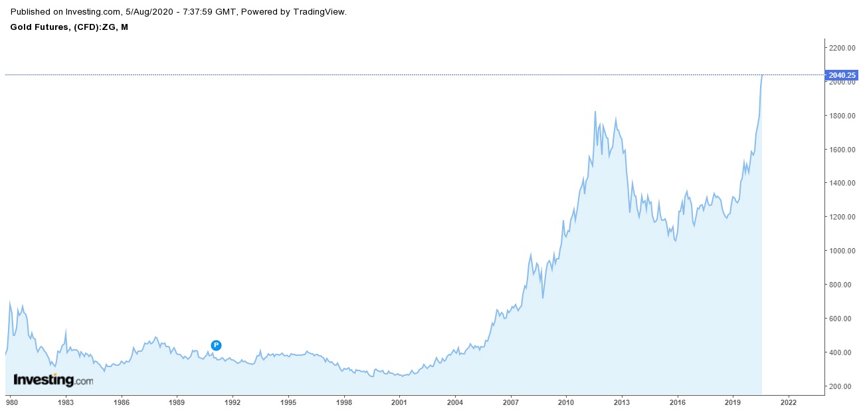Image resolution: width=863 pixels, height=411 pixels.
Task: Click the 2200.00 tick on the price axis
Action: (x=840, y=48)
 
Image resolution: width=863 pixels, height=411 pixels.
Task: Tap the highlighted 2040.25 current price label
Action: (x=840, y=75)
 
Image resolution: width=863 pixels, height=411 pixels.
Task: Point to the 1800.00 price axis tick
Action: (x=840, y=116)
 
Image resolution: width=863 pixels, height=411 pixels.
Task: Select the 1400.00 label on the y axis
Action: (x=840, y=183)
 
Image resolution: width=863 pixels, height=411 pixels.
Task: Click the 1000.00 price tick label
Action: (x=840, y=251)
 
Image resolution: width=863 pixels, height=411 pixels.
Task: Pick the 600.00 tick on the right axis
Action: (x=840, y=319)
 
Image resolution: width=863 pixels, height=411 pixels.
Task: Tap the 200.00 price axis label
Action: (x=840, y=386)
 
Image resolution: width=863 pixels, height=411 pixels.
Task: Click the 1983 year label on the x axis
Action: (x=65, y=402)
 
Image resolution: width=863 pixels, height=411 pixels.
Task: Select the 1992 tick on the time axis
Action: (x=232, y=402)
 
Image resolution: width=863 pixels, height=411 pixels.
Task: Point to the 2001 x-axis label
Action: (x=399, y=402)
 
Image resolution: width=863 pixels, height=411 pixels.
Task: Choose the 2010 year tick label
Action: (x=565, y=402)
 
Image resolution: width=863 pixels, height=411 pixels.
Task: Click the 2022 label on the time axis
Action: (x=788, y=402)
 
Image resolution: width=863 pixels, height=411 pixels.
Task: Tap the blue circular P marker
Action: (x=216, y=345)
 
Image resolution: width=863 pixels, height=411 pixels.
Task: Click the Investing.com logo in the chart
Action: (x=53, y=380)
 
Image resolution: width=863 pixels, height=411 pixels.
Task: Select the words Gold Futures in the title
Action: (x=37, y=27)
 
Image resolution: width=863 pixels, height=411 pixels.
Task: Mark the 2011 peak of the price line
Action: (x=595, y=112)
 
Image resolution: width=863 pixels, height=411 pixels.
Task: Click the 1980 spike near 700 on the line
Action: (x=9, y=302)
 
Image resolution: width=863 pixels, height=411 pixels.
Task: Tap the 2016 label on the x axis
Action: (x=677, y=402)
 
